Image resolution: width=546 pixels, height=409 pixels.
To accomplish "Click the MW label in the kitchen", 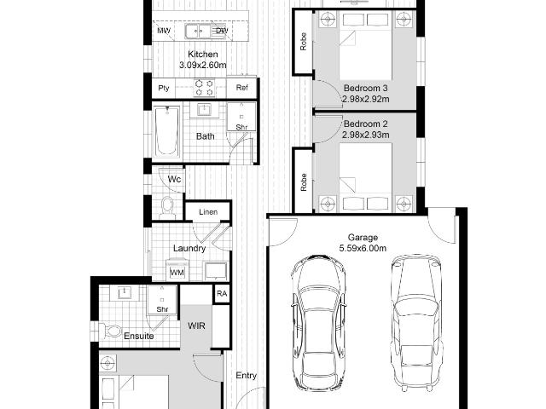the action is click(164, 31).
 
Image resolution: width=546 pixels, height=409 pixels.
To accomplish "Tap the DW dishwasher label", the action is click(222, 31).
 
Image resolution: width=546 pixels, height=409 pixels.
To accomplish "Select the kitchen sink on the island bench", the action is click(198, 32).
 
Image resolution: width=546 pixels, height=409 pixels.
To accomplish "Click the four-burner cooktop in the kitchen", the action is click(205, 88).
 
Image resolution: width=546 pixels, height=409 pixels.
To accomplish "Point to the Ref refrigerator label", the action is click(242, 87).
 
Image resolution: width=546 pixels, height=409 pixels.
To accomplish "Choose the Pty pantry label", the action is click(164, 88).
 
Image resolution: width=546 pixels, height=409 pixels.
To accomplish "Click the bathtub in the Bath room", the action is click(167, 132).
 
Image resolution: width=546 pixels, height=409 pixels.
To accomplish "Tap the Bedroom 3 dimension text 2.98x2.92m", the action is click(366, 99).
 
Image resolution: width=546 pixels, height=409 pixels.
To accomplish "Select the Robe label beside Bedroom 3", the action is click(304, 42).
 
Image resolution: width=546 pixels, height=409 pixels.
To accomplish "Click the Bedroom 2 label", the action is click(366, 124).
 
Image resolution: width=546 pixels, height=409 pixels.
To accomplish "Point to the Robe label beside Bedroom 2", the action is click(304, 182).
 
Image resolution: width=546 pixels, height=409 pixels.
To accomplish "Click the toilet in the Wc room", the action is click(167, 206).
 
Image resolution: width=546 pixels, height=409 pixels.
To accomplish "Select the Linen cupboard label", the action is click(208, 212).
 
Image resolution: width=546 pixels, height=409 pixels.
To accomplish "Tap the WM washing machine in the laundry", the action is click(177, 271).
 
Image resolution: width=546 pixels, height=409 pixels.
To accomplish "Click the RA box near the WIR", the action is click(222, 293).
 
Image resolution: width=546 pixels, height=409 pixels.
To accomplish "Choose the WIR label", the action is click(196, 325).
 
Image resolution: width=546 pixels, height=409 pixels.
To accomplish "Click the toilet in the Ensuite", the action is click(110, 331).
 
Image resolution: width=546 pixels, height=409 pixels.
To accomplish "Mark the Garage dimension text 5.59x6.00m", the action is click(363, 248).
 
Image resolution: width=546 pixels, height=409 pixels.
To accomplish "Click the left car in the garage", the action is click(318, 322).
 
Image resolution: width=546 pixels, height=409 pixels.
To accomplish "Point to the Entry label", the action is click(247, 376).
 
